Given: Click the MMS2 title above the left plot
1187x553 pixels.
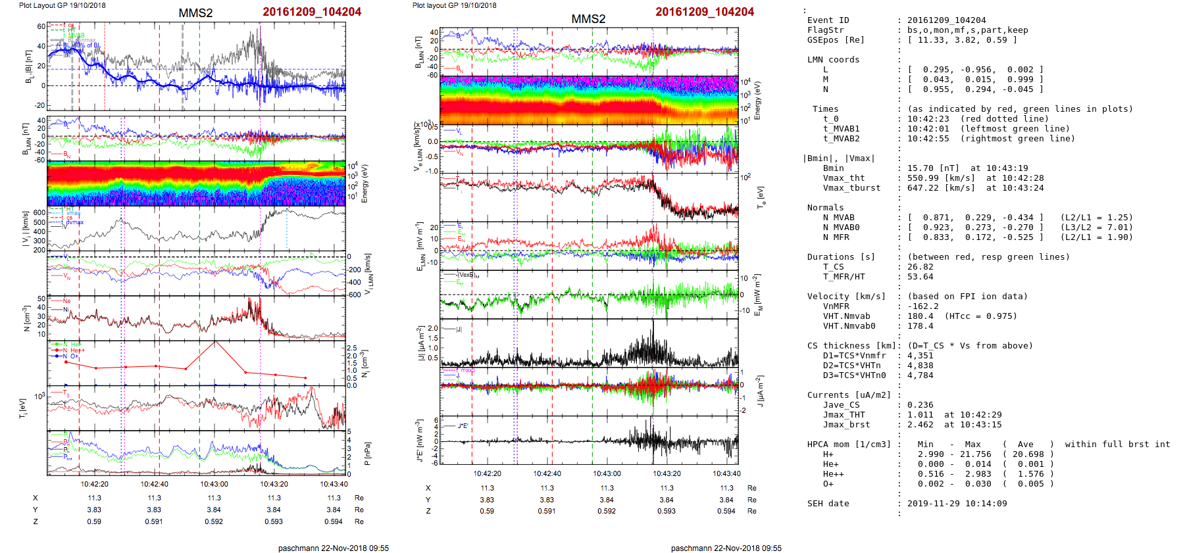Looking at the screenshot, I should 195,13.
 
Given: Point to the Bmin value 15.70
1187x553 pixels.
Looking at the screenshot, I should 921,168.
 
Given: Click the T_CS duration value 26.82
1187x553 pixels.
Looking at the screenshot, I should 921,267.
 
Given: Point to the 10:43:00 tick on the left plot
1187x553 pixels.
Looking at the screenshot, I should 215,485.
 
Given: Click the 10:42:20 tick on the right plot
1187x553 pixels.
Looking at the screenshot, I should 488,473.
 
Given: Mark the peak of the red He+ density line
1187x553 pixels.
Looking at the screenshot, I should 215,341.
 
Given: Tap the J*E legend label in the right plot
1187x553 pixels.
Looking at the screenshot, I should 463,426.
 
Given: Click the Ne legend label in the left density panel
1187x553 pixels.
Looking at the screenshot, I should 66,301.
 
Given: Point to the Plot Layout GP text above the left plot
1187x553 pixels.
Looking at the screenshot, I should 63,5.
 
